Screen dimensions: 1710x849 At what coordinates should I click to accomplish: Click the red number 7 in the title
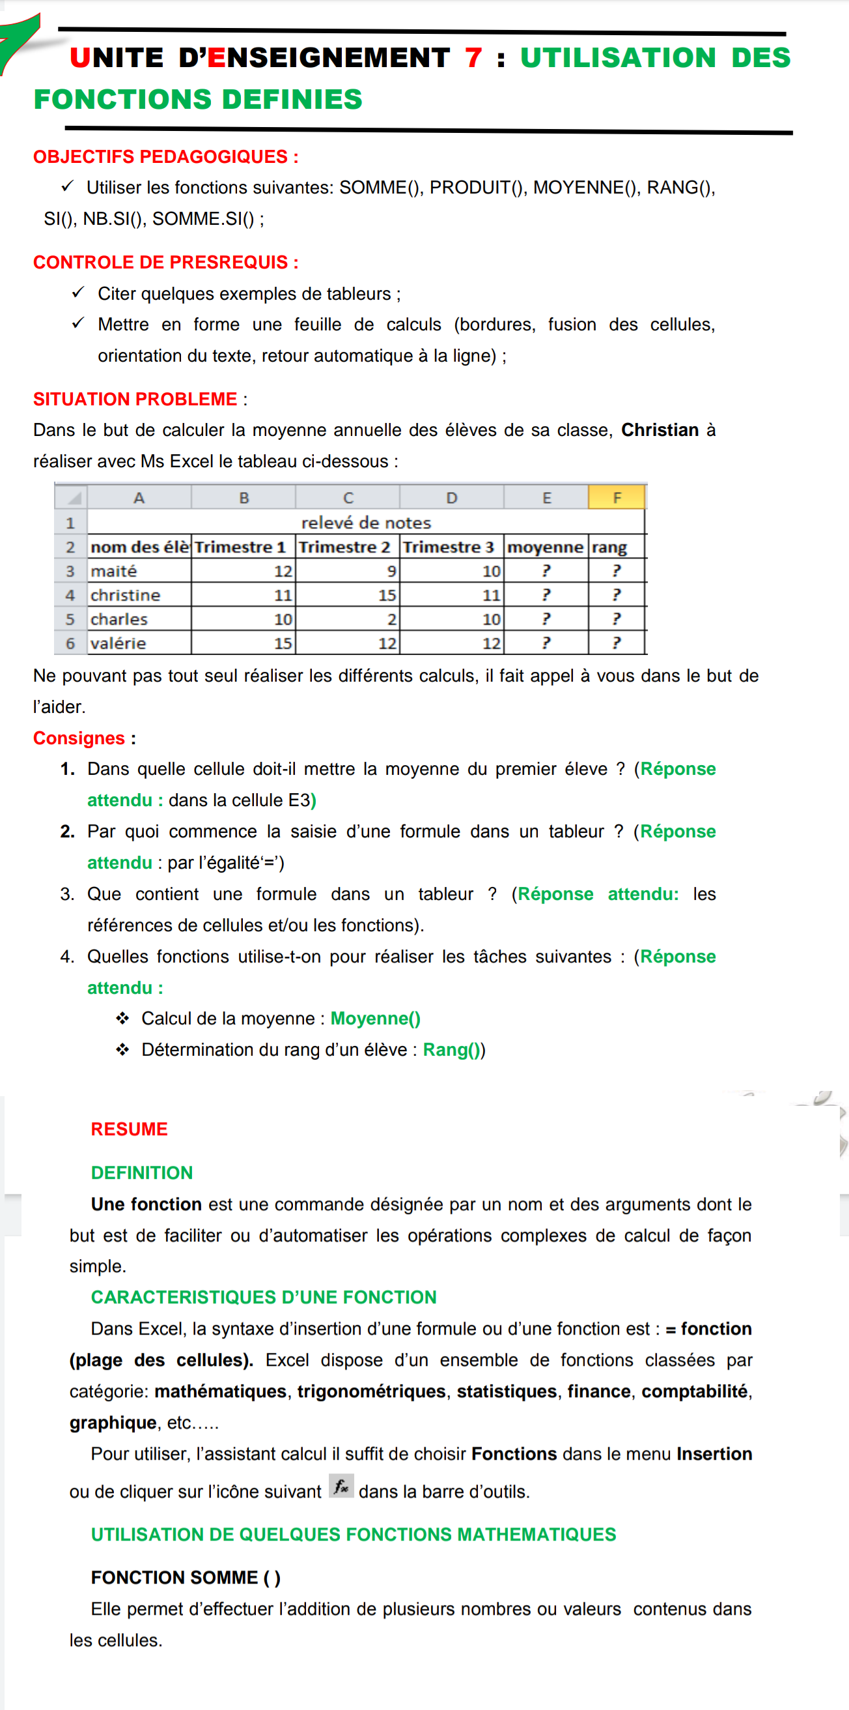[x=473, y=58]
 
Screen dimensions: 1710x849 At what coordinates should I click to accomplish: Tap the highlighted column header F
[x=617, y=498]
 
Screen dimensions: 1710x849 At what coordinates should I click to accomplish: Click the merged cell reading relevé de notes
[x=366, y=523]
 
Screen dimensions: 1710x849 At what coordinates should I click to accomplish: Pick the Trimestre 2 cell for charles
[x=348, y=619]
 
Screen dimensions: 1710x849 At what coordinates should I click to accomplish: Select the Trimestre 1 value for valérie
[x=244, y=643]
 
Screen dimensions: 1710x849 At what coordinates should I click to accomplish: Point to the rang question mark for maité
[x=616, y=571]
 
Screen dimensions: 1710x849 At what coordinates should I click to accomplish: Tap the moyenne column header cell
[x=545, y=547]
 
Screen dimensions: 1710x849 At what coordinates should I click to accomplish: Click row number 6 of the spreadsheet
[x=70, y=643]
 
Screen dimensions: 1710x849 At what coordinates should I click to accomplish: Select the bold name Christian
[x=660, y=430]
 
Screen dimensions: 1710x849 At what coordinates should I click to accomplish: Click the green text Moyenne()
[x=376, y=1019]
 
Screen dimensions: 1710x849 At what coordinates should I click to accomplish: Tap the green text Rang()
[x=452, y=1049]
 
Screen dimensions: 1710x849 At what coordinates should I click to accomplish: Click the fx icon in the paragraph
[x=341, y=1486]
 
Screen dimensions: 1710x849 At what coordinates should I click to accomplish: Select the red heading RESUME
[x=130, y=1129]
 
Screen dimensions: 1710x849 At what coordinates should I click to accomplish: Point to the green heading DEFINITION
[x=142, y=1173]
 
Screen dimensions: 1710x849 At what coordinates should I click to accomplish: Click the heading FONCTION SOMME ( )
[x=186, y=1578]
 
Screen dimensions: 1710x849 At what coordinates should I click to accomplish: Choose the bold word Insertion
[x=714, y=1454]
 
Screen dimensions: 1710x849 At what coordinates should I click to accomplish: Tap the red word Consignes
[x=79, y=738]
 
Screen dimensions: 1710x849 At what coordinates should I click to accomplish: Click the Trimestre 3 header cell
[x=451, y=547]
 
